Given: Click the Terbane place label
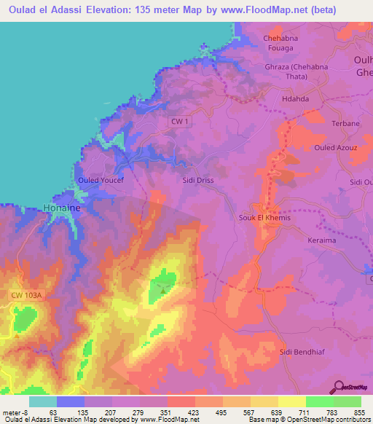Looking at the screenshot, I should (345, 124).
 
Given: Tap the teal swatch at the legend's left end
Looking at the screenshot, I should (43, 401).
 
